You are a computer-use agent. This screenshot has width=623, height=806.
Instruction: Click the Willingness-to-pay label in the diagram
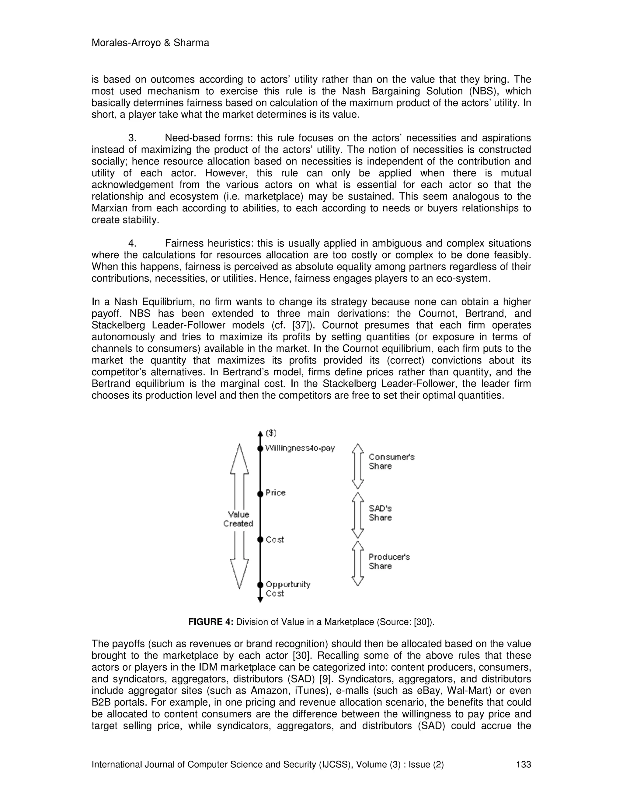[x=300, y=448]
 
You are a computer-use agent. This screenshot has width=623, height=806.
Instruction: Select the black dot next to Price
[x=260, y=493]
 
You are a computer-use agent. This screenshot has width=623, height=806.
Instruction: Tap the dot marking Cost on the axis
[x=260, y=540]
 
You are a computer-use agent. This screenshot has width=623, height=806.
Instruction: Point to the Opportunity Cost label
[x=288, y=589]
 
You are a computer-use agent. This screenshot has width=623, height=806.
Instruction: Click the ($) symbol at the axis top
[x=271, y=433]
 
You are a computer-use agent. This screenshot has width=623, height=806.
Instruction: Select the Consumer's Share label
[x=391, y=461]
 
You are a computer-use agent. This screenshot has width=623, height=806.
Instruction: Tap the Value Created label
[x=238, y=519]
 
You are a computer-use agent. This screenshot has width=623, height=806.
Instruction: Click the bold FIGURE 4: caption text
[x=211, y=622]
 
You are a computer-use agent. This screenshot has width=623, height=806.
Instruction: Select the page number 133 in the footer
[x=523, y=764]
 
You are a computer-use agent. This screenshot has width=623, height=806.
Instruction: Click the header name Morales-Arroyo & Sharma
[x=150, y=43]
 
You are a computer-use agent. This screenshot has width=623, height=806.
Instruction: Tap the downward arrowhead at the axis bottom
[x=260, y=600]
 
